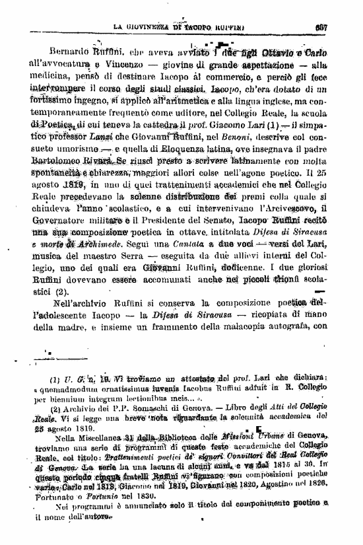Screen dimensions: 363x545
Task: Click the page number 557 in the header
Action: (x=340, y=27)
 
